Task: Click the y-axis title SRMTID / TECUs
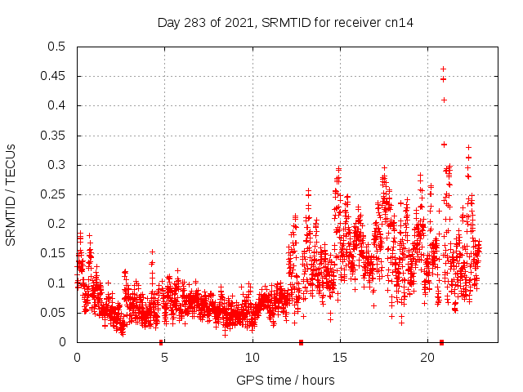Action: click(11, 194)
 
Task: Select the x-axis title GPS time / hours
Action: click(285, 380)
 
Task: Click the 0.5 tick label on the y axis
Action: click(56, 47)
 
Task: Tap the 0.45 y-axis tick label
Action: click(52, 76)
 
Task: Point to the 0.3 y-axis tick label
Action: click(56, 165)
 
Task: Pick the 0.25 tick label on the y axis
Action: click(52, 194)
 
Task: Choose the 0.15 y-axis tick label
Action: click(52, 253)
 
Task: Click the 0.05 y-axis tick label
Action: click(52, 313)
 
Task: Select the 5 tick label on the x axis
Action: click(164, 358)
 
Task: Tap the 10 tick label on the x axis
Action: click(252, 358)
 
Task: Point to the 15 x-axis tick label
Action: click(339, 358)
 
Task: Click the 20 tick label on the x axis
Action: click(427, 358)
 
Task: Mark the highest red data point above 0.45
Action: click(444, 69)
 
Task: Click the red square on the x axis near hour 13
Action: click(302, 342)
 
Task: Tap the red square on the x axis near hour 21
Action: click(441, 342)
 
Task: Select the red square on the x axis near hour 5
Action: click(161, 342)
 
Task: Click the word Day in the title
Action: click(168, 23)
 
